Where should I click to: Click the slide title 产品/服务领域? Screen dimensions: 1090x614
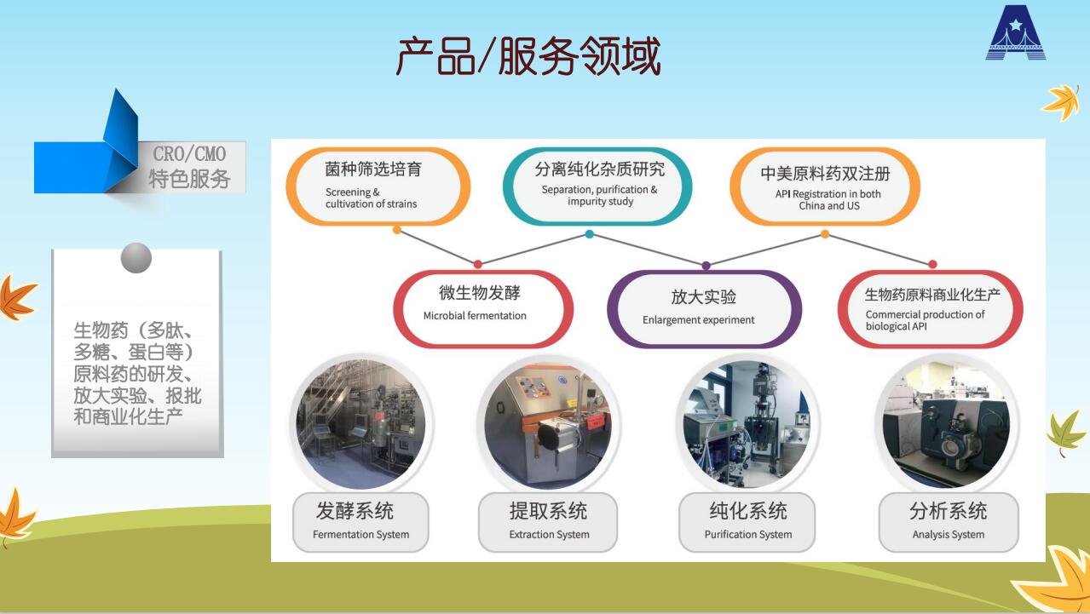coord(528,56)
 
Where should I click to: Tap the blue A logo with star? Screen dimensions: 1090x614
coord(1016,32)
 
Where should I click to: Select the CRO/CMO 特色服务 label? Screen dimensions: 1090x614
coord(189,167)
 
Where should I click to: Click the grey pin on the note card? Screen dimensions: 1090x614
coord(136,258)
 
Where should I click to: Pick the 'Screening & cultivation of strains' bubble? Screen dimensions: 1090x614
coord(378,186)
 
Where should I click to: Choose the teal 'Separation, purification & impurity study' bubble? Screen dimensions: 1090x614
coord(597,186)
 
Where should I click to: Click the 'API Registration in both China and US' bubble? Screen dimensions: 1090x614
coord(825,186)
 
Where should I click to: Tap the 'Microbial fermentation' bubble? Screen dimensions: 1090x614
coord(483,308)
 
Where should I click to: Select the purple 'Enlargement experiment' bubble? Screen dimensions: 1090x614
coord(704,308)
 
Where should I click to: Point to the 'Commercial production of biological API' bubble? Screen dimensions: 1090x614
coord(931,308)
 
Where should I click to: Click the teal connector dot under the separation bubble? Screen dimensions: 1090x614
coord(590,234)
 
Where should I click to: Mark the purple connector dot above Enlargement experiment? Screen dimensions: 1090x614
coord(706,266)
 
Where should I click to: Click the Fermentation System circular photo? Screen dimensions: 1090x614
coord(361,424)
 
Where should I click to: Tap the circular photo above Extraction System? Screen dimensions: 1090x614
coord(548,425)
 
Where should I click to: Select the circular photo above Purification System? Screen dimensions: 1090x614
coord(747,424)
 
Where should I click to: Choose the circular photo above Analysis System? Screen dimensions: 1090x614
coord(947,424)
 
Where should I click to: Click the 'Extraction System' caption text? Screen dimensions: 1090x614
coord(549,534)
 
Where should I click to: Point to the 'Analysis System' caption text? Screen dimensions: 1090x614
coord(949,534)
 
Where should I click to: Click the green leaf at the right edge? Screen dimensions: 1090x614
coord(1064,433)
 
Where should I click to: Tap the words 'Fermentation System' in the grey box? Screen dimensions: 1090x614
coord(360,534)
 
